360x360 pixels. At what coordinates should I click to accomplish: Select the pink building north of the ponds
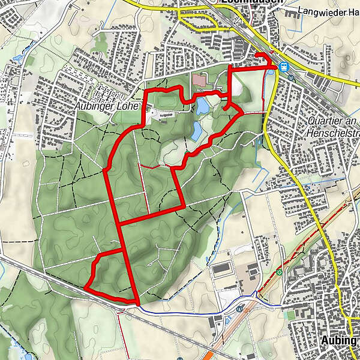(x=200, y=79)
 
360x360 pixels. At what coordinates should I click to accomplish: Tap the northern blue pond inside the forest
(x=202, y=107)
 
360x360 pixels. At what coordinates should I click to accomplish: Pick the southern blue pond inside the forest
(x=196, y=130)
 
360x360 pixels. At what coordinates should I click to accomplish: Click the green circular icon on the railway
(x=280, y=272)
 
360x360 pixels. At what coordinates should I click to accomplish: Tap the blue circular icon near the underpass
(x=239, y=310)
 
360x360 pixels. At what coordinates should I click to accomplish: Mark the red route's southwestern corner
(x=86, y=286)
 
